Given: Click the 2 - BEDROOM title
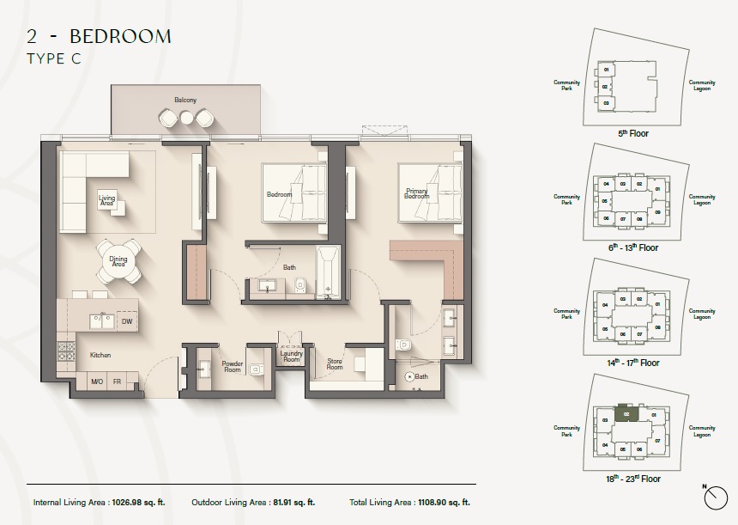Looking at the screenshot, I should (x=99, y=36).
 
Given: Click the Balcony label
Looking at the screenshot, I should (x=185, y=101).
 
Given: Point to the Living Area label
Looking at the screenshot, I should (x=107, y=199).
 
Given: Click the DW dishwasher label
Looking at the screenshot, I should (x=126, y=321).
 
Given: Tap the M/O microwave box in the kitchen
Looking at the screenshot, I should (x=96, y=381).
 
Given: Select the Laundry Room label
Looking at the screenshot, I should (x=291, y=356).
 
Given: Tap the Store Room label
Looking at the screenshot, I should (x=334, y=363).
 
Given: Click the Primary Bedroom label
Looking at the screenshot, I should (x=416, y=194).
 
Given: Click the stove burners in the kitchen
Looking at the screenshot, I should (x=66, y=351).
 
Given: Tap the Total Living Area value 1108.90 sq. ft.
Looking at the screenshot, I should (x=441, y=502).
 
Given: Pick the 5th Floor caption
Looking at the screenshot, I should (x=633, y=134).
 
